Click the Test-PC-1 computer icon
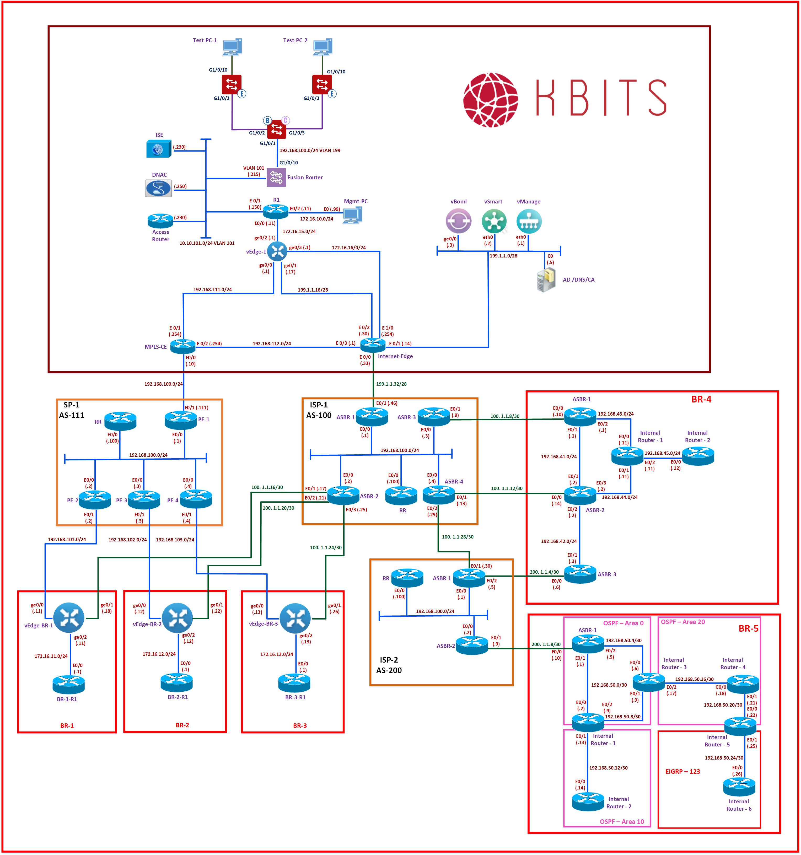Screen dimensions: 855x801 pos(232,47)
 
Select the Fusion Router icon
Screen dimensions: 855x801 pos(276,178)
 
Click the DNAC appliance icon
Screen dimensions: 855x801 pos(158,188)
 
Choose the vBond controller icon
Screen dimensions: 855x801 pos(459,221)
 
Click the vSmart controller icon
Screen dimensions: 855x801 pos(494,221)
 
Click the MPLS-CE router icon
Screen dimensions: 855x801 pos(183,346)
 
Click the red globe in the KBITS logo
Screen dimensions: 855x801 pos(490,100)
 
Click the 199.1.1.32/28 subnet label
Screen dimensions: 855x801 pos(391,384)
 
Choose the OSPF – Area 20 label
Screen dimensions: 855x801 pos(683,622)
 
